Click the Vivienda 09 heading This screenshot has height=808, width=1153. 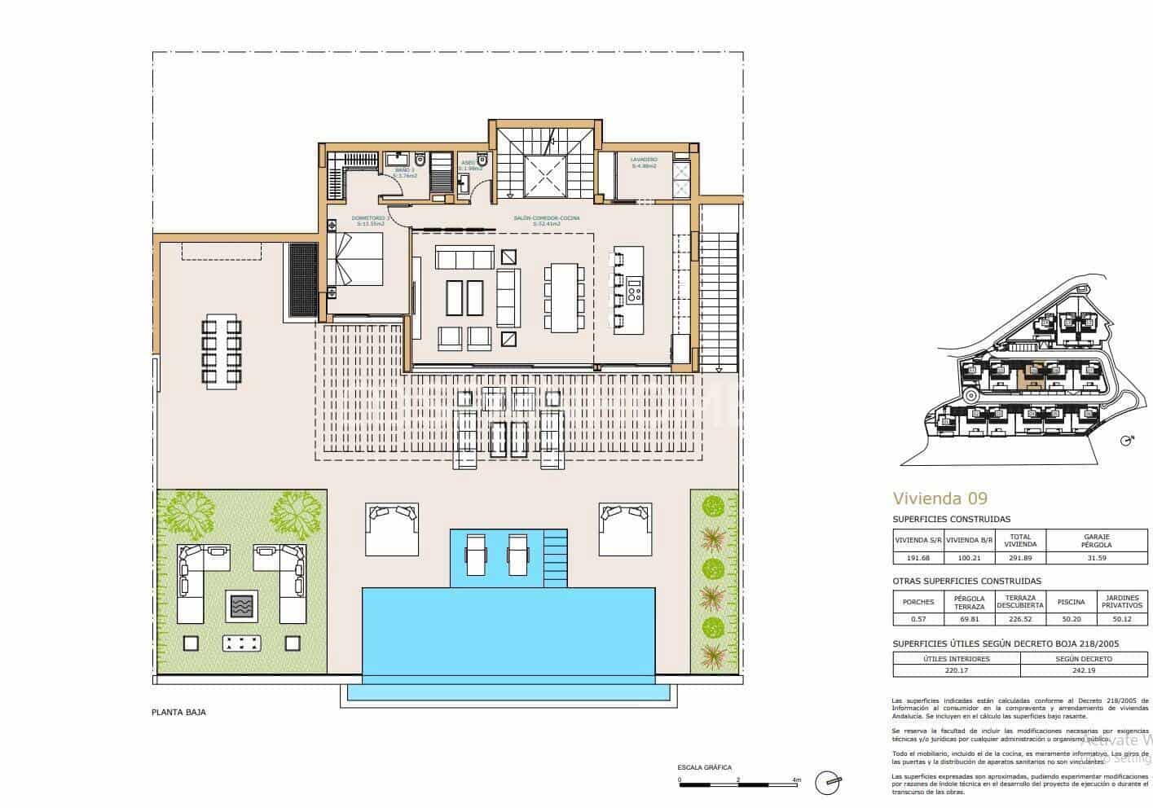(x=940, y=498)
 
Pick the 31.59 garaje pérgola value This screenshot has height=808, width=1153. (x=1097, y=558)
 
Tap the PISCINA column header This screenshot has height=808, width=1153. (x=1071, y=602)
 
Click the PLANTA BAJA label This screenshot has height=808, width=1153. (x=178, y=712)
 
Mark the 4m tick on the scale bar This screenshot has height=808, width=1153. (x=796, y=780)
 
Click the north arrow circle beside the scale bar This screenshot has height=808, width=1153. (x=830, y=780)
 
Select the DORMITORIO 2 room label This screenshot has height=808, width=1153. (x=371, y=218)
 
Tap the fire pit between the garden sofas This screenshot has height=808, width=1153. (x=242, y=605)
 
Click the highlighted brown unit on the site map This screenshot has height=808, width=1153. (x=1032, y=375)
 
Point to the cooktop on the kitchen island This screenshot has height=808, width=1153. (x=634, y=288)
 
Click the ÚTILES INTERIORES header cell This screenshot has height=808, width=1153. (x=956, y=658)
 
